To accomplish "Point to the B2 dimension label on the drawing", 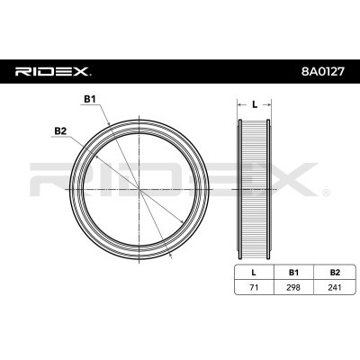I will [x=60, y=131].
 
